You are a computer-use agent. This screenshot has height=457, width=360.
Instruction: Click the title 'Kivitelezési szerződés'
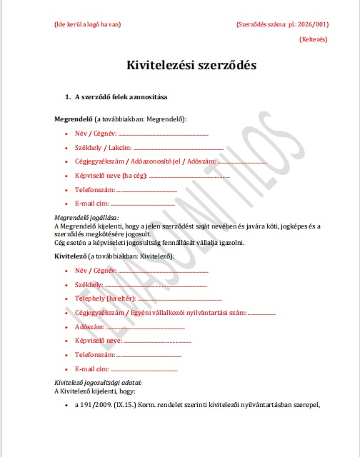pos(191,65)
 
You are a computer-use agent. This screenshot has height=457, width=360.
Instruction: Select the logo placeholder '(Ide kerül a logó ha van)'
pos(87,24)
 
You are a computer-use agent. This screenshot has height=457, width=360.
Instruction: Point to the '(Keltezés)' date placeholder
pos(314,40)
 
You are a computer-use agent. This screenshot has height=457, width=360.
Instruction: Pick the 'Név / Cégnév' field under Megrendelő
pos(95,133)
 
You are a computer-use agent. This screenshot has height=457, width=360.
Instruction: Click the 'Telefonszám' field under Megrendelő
pos(94,190)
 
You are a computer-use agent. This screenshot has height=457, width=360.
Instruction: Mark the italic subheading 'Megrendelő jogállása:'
pos(87,217)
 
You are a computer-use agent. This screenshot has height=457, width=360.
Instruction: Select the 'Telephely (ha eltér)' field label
pos(104,298)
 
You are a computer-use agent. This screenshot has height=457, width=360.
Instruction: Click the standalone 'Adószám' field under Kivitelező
pos(89,326)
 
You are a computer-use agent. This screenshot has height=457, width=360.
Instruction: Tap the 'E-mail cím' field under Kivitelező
pos(91,368)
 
